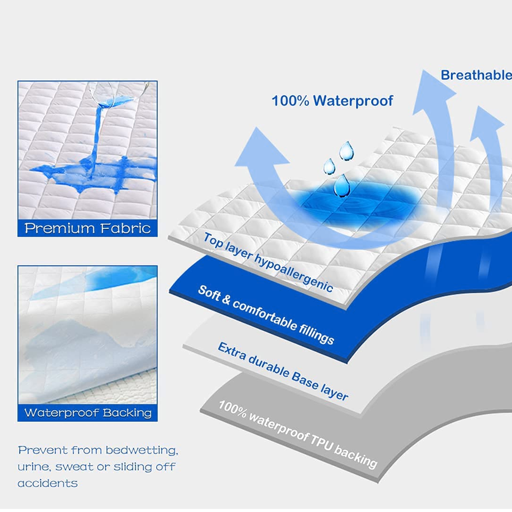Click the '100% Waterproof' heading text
(332, 100)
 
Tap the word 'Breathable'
(476, 75)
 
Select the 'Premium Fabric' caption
(87, 228)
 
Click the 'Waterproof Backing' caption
(87, 412)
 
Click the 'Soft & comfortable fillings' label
(266, 314)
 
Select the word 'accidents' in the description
(47, 484)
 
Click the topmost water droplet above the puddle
(347, 150)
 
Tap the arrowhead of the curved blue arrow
(261, 151)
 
